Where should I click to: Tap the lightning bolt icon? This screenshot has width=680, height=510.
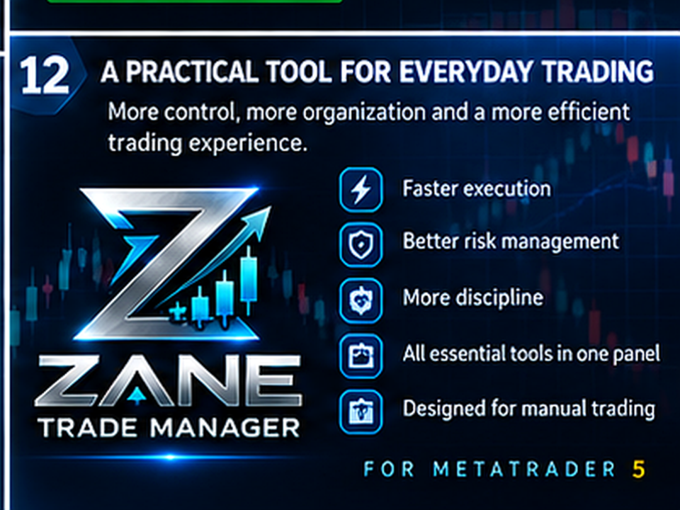361,190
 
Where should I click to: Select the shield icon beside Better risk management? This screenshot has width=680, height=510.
361,244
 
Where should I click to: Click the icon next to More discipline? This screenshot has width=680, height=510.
361,300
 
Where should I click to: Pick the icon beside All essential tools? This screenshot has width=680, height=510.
361,356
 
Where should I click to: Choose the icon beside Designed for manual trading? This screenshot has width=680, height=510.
361,412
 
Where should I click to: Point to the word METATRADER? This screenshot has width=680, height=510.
524,469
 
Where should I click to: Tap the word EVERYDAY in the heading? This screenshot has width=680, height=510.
465,72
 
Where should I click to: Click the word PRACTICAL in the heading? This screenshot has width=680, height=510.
192,72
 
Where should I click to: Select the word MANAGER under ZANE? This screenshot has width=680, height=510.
225,428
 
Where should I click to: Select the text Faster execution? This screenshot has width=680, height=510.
477,189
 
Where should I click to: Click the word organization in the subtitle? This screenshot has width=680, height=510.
364,113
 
